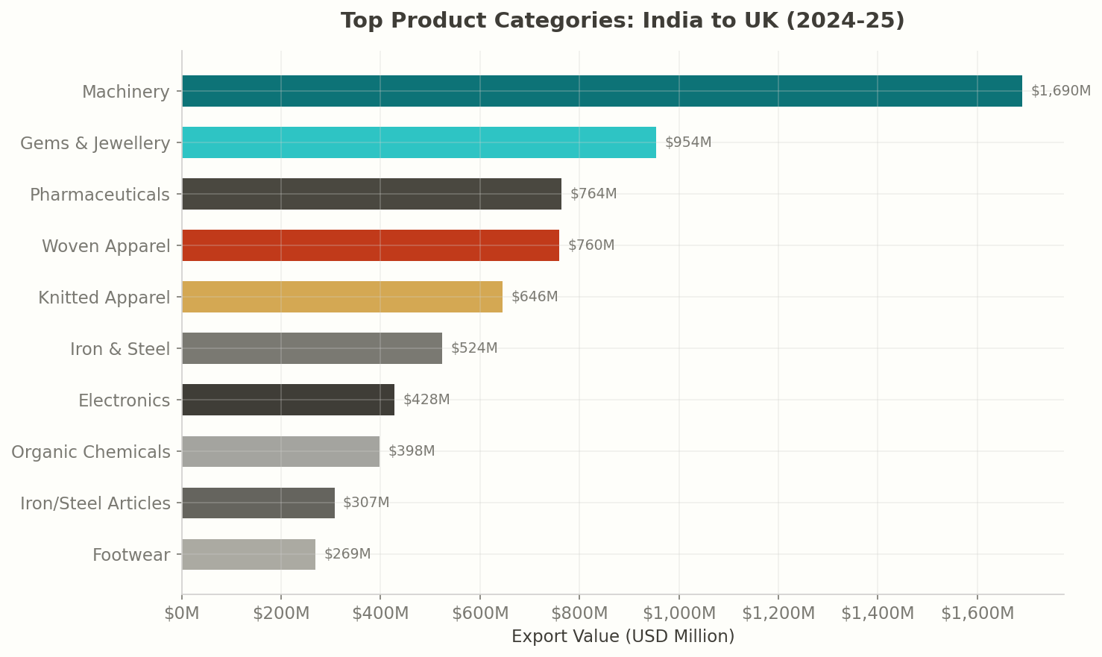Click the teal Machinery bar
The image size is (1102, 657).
(x=602, y=91)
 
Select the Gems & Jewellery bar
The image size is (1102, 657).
(x=419, y=142)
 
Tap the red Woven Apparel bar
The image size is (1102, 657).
(x=371, y=245)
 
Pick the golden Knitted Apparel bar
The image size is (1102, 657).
(x=342, y=297)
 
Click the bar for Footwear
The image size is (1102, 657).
(x=248, y=554)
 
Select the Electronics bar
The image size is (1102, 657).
(x=288, y=400)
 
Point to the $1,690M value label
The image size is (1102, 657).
(x=1060, y=91)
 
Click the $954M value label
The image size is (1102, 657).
(x=688, y=142)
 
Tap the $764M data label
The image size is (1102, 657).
(x=593, y=194)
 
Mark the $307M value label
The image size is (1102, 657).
(x=366, y=503)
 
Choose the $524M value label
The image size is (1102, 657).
(x=474, y=348)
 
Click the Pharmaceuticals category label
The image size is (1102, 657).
(x=100, y=195)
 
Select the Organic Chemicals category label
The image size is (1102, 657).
(x=91, y=452)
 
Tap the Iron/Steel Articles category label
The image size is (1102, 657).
(x=95, y=503)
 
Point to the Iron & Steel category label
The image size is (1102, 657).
(x=120, y=349)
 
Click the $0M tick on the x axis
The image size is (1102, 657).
(x=182, y=614)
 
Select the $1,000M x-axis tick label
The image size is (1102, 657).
(x=678, y=614)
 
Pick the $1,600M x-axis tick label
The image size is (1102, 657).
(x=977, y=614)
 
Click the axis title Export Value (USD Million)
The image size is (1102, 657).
(x=623, y=637)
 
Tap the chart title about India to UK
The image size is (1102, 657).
(x=623, y=21)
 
